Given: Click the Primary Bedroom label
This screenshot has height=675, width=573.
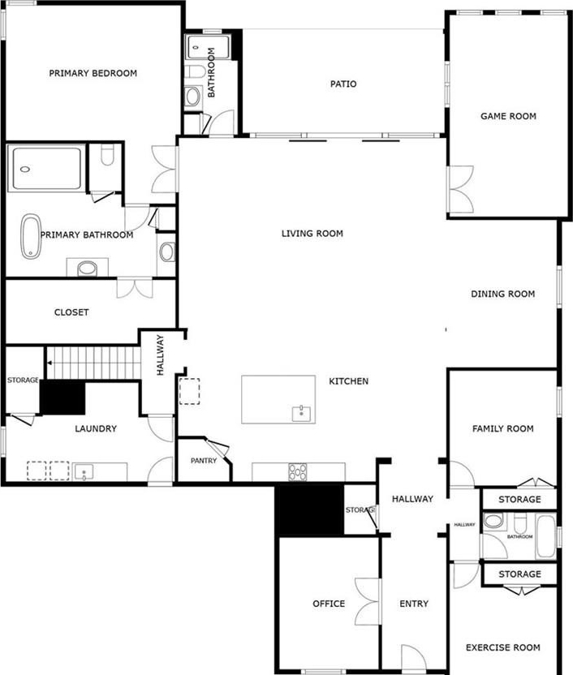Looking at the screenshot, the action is tap(93, 73).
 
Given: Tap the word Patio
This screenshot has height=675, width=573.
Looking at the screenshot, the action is tap(343, 84).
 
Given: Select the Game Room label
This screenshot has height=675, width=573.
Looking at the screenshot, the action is tap(508, 116).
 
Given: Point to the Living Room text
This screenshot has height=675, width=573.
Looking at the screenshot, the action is tap(312, 234).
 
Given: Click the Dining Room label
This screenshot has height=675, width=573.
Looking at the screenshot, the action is tap(503, 294).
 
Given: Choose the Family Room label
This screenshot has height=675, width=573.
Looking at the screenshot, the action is tap(503, 428).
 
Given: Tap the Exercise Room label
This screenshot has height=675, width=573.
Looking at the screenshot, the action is tap(503, 647).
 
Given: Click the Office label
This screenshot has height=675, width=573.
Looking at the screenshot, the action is tap(329, 604).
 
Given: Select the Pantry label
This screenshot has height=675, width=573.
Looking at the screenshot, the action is tap(204, 461).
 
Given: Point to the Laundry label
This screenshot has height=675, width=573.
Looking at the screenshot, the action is tap(96, 428).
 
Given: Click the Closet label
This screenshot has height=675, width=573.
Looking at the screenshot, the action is tap(71, 312).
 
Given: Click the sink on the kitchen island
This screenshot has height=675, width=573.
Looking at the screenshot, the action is tap(301, 414).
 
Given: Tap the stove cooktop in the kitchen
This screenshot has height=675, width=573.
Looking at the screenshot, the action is tap(298, 472).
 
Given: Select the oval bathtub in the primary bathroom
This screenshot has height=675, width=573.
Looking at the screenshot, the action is tap(32, 236).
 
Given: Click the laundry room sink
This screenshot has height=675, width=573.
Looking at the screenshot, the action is tap(84, 472).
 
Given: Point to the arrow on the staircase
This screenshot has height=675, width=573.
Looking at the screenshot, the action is tap(50, 363).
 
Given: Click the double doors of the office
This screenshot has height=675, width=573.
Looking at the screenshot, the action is tap(368, 602).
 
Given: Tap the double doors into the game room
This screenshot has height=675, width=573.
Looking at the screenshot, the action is tap(460, 189).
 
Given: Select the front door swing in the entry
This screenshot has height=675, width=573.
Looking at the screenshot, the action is tap(413, 657).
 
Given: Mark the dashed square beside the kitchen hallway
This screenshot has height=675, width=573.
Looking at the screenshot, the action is tap(189, 391).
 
